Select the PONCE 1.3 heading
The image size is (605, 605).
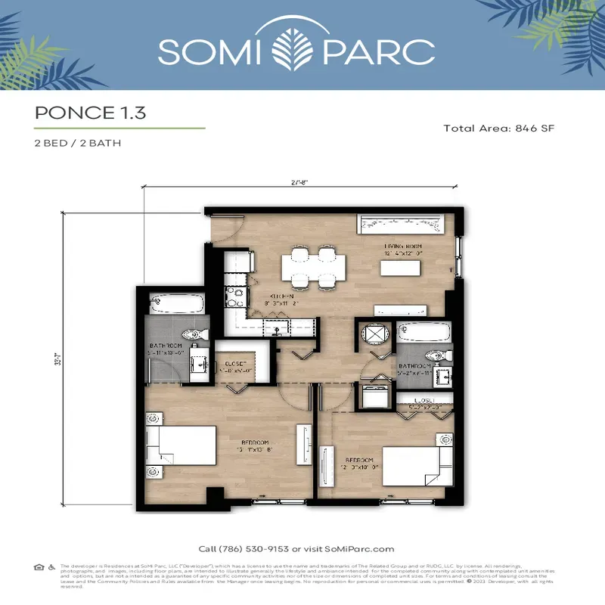point(90,113)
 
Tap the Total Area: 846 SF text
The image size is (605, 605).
point(498,129)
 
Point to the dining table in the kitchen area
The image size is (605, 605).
point(313,268)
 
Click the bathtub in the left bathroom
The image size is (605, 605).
point(176,306)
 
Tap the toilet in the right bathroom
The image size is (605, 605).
point(436,355)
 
